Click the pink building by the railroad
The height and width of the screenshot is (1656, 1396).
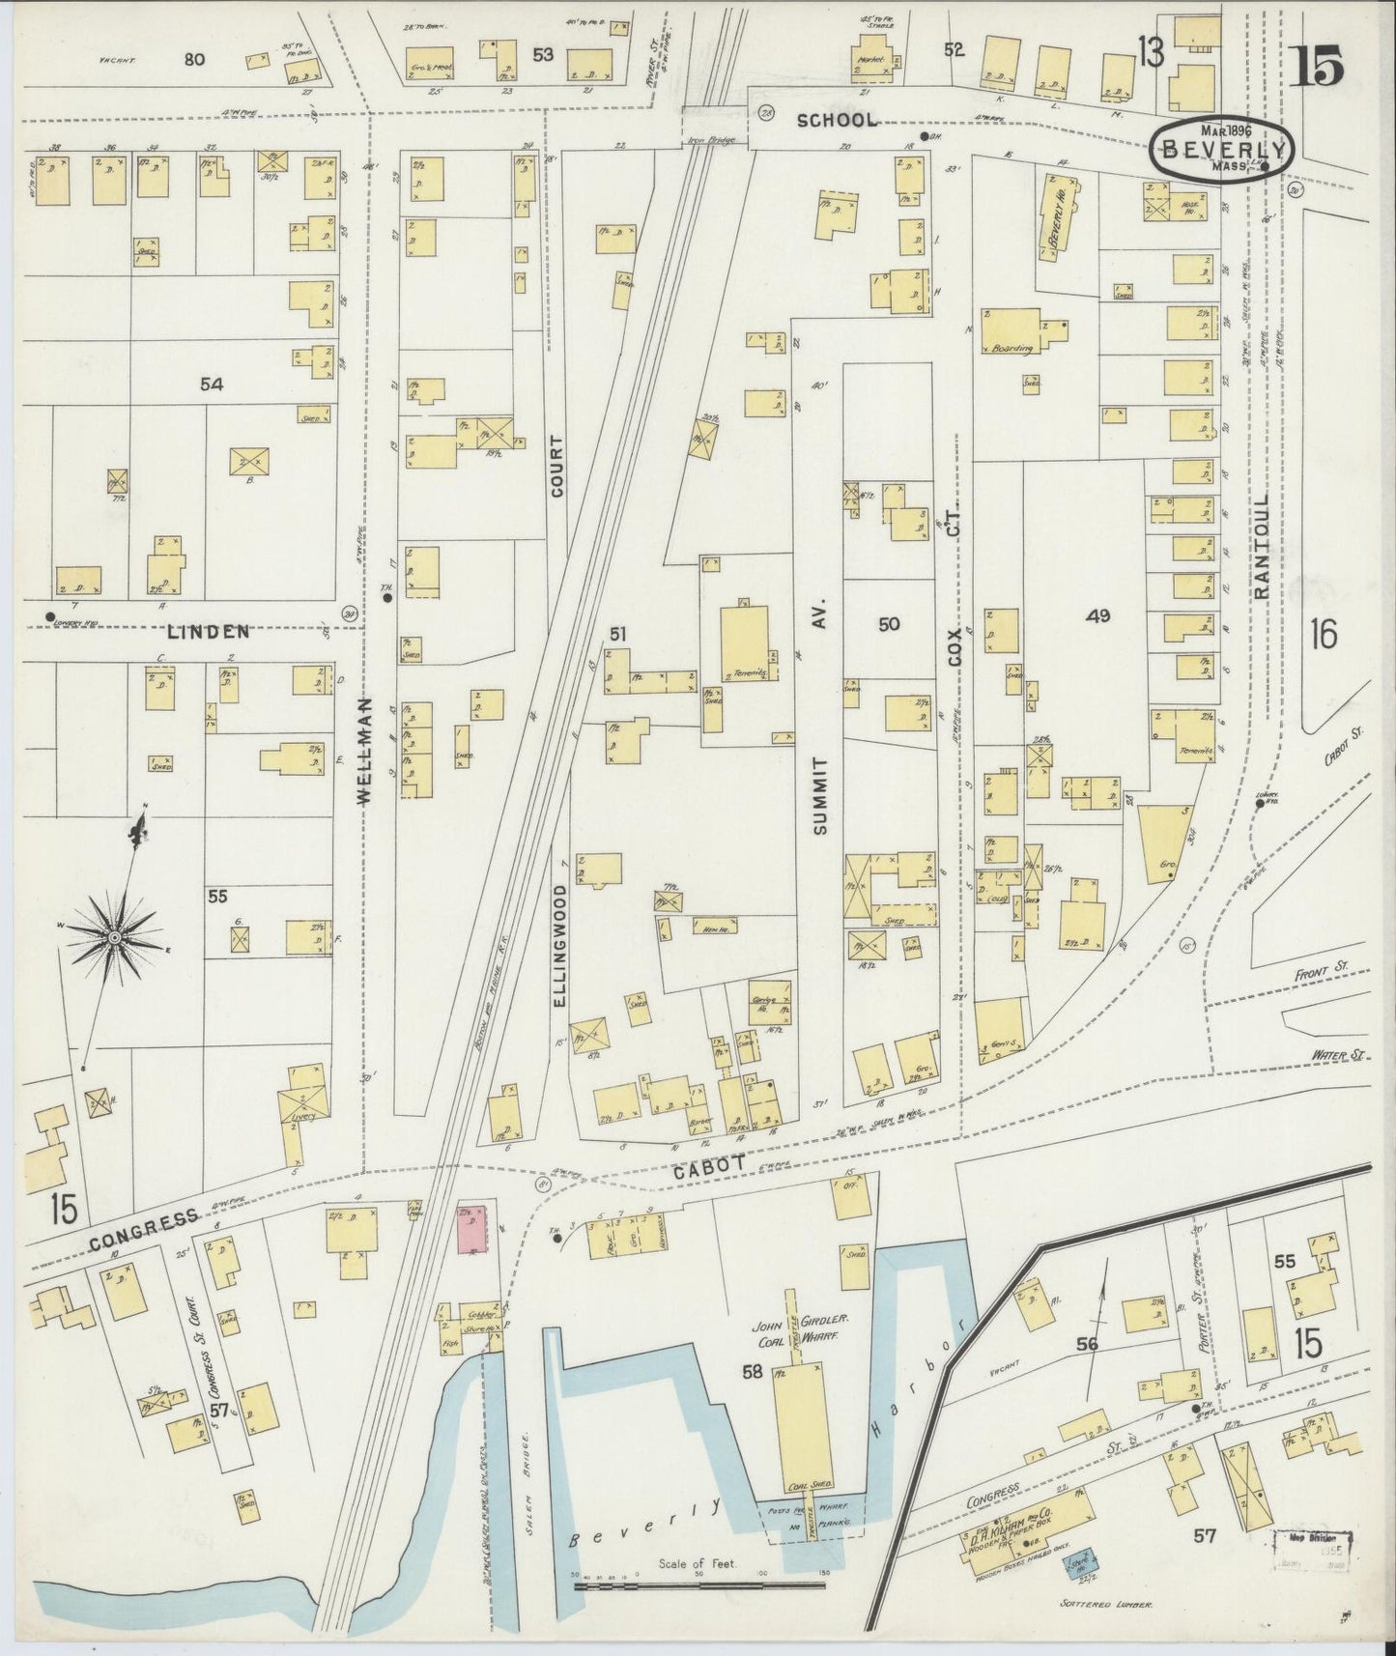471,1229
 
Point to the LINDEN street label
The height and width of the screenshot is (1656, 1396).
208,632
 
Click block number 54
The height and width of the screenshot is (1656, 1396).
212,384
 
